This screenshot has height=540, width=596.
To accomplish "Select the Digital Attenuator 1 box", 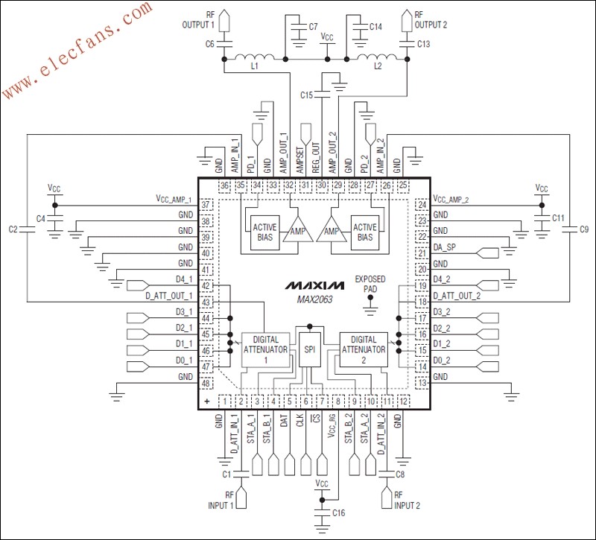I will pos(265,348).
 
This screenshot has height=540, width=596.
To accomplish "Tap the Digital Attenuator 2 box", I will pos(364,348).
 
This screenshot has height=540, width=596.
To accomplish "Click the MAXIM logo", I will pos(314,285).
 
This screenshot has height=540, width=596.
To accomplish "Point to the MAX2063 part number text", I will pos(314,299).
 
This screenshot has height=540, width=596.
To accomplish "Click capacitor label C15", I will pos(307,95).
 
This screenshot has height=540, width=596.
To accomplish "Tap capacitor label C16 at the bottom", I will pos(339,513).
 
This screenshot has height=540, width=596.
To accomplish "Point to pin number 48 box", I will pos(206,384).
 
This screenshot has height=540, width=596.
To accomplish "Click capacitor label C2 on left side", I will pos(13,230).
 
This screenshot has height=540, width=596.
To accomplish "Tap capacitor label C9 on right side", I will pos(584,230).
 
